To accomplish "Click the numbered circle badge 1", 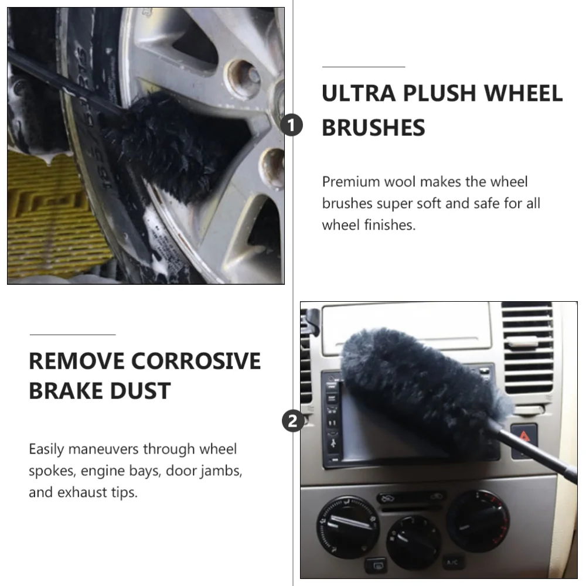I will (x=292, y=125).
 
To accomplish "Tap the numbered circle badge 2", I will (x=292, y=421).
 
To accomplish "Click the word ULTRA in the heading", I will (x=357, y=94).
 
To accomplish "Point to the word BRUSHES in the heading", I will (x=373, y=128).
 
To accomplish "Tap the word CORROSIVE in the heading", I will (x=196, y=361).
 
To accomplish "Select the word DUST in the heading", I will (x=143, y=391).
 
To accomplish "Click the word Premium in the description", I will (x=350, y=182).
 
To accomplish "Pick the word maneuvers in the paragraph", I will (x=103, y=449).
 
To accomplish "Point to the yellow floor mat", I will (x=53, y=217).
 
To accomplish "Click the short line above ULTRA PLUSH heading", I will (x=363, y=67).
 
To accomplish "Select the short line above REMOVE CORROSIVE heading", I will (x=72, y=335).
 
